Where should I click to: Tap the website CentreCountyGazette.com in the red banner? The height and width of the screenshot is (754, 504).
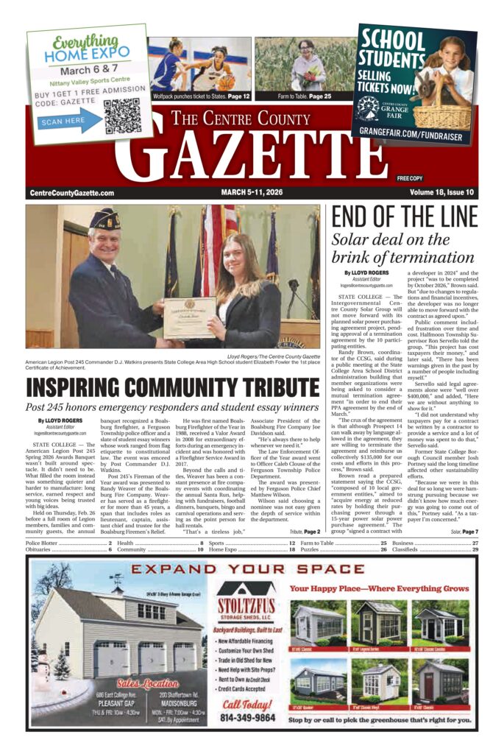pos(72,193)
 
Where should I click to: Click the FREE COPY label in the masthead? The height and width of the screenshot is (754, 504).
pos(410,179)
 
